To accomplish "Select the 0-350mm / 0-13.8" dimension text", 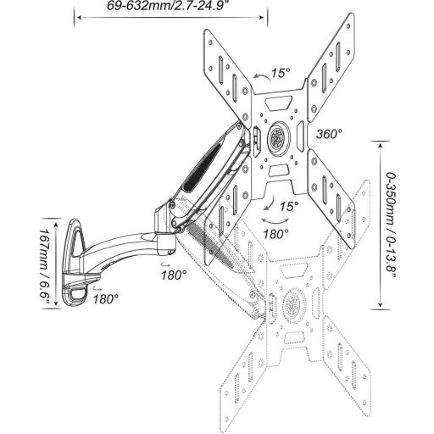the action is [391, 225].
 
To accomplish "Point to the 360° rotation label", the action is [329, 134].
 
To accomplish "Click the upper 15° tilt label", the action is [281, 73].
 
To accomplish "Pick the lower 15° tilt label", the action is [289, 207].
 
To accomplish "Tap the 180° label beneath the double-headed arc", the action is [276, 234].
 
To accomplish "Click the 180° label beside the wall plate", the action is [106, 299].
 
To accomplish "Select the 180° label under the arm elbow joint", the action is [174, 275].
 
